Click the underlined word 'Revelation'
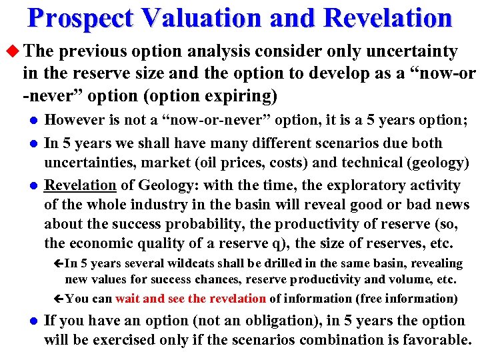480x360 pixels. click(x=79, y=185)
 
